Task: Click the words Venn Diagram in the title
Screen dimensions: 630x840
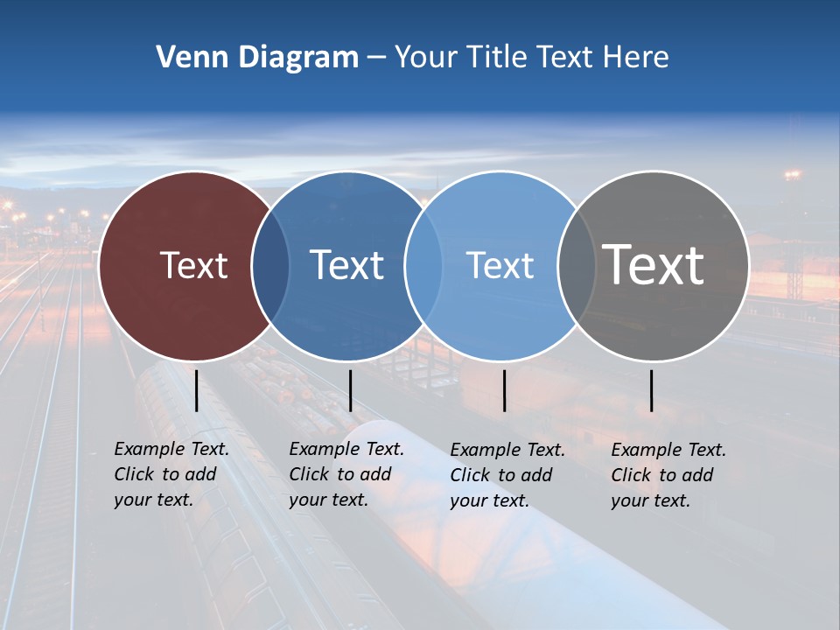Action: click(x=257, y=58)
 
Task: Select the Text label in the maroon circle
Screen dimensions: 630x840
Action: click(x=193, y=265)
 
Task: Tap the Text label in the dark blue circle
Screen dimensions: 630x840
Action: click(x=346, y=265)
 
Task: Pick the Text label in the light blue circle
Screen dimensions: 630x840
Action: click(x=500, y=265)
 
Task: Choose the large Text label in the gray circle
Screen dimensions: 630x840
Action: click(x=653, y=264)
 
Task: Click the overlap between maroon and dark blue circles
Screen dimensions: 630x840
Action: click(x=270, y=266)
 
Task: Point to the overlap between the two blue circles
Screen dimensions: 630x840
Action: click(x=423, y=266)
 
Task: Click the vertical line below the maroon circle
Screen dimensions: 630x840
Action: click(x=197, y=390)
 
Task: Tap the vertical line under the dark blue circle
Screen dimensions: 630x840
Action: click(x=350, y=390)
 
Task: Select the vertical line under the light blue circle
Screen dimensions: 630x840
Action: click(x=505, y=390)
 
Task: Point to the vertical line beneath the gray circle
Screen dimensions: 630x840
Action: click(x=652, y=390)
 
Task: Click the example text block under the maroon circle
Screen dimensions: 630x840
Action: click(x=171, y=474)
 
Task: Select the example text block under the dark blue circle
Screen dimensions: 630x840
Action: click(x=346, y=474)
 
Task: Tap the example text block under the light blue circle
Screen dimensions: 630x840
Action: click(x=507, y=475)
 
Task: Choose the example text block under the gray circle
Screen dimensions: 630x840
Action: click(x=668, y=475)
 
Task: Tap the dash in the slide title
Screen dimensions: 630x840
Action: click(x=376, y=58)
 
